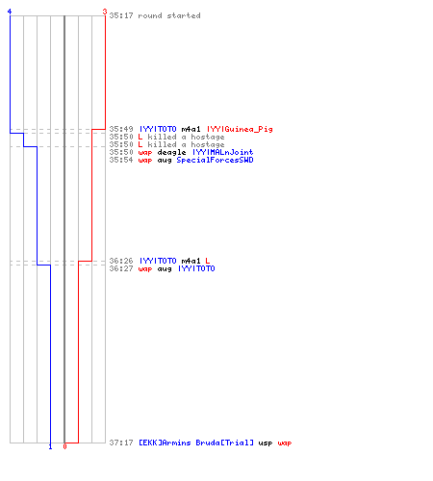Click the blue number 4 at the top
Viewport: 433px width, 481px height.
[x=10, y=12]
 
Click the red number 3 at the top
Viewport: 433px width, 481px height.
[x=105, y=12]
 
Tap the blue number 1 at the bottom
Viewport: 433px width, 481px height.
[x=50, y=446]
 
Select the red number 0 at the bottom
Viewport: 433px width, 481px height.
[x=64, y=446]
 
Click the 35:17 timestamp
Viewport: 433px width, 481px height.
[x=121, y=15]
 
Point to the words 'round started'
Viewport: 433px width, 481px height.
[x=169, y=15]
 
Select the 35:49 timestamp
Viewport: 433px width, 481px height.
[x=121, y=129]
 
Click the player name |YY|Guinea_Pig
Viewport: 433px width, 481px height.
[x=240, y=129]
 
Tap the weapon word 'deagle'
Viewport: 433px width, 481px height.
[x=171, y=152]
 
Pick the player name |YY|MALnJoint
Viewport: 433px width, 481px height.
[x=222, y=152]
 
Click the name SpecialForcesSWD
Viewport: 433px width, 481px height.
[x=215, y=160]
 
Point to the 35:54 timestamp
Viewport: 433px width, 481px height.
[x=121, y=160]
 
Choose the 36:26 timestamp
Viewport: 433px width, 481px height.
[x=121, y=261]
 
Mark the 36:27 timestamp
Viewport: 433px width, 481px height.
[x=121, y=268]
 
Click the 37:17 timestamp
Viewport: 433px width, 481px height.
[x=121, y=443]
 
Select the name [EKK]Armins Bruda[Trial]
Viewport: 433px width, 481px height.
[x=196, y=443]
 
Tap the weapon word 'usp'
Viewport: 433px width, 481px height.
[x=266, y=443]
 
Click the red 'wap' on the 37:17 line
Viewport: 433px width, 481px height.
[x=285, y=443]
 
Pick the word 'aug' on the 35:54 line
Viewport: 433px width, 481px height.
[x=165, y=161]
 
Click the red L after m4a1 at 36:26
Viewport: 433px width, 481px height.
[x=208, y=261]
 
